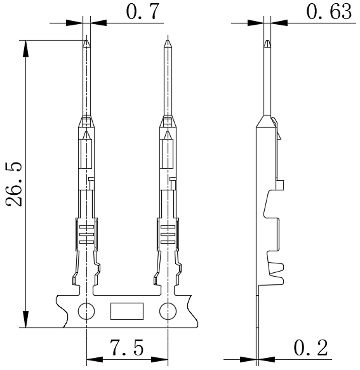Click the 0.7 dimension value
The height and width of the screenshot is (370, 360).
tap(142, 12)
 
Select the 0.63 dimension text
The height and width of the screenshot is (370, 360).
tap(329, 12)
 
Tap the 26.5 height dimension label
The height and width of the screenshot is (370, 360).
tap(14, 184)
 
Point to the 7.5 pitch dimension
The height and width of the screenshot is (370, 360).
tap(127, 347)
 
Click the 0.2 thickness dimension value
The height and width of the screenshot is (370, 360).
tap(310, 348)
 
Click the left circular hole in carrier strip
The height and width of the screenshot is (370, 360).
tap(86, 311)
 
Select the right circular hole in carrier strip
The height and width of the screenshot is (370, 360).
tap(168, 311)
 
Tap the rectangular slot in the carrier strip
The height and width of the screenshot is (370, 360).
tap(127, 311)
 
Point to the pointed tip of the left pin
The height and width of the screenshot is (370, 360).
tap(86, 40)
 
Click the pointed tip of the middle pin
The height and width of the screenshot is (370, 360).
tap(168, 40)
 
